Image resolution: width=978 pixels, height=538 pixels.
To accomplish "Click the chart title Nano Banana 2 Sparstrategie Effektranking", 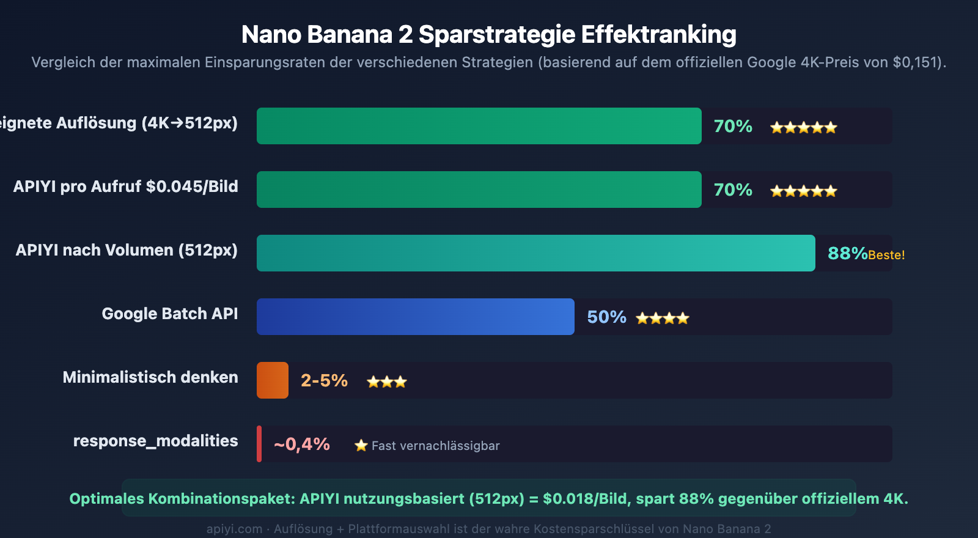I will pos(488,34).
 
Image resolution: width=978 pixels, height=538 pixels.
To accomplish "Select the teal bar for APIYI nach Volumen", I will pos(535,253).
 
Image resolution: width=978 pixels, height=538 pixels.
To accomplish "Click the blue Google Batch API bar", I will pos(415,317).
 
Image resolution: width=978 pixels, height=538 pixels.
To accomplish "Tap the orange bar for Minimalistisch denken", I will pos(272,380).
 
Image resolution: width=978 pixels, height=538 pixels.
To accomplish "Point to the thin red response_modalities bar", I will pos(259,444).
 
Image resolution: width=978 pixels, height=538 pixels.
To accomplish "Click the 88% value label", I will pos(847,253).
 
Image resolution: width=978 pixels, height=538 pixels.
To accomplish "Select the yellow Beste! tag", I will pos(886,255).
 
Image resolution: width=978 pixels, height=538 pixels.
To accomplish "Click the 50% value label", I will pos(606,317).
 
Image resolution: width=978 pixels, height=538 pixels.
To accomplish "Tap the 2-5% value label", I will pos(324,380).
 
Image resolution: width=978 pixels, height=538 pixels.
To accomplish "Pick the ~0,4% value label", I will pos(302,444).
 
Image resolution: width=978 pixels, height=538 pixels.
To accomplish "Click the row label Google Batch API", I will pos(170,314).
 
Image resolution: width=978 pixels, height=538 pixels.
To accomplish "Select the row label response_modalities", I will pos(155,441).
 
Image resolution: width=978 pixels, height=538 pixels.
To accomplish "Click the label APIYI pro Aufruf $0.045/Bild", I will pos(126,186).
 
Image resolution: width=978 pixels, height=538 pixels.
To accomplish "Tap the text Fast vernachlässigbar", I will pos(435,446).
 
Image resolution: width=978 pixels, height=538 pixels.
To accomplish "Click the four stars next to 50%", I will pos(662,318).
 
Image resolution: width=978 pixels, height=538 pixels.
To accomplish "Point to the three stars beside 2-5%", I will pos(386,382).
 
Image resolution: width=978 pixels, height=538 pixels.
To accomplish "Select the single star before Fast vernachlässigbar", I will pos(361,446).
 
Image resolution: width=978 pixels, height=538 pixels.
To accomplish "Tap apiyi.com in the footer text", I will pos(234,529).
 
